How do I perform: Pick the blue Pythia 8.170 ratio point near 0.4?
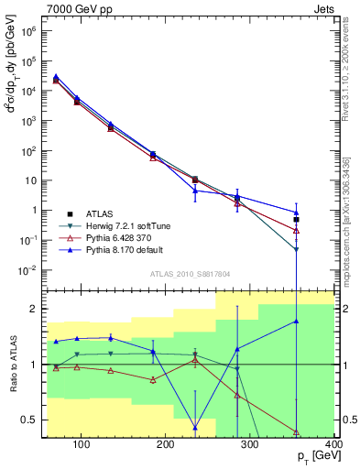point(196,428)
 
